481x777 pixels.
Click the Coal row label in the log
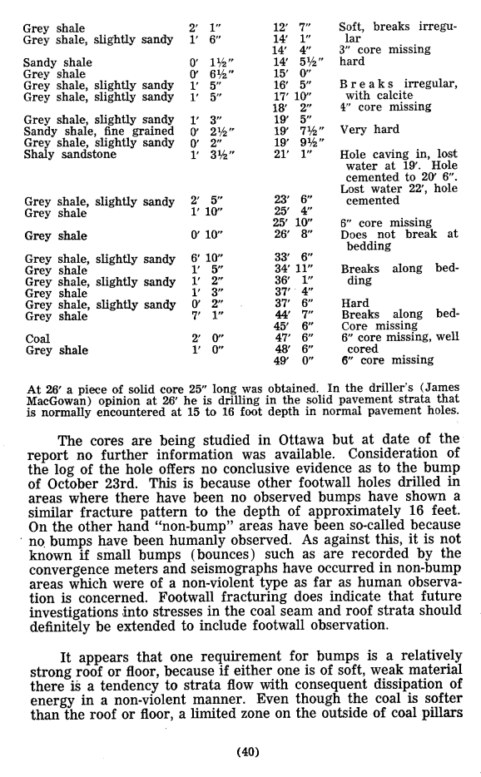click(37, 339)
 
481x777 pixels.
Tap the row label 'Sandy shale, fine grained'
click(99, 131)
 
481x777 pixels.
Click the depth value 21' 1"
click(292, 154)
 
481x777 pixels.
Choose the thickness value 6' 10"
click(203, 259)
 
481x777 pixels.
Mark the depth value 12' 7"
click(292, 28)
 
